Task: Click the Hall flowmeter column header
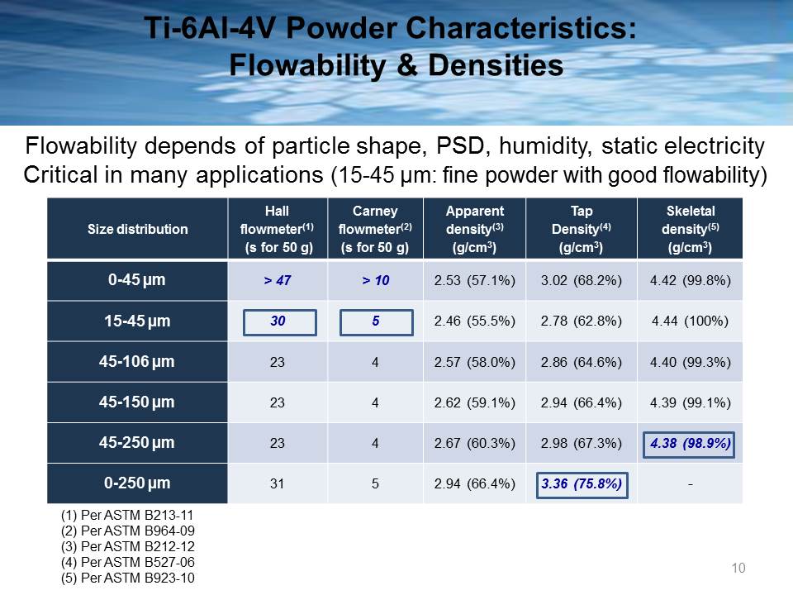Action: point(278,229)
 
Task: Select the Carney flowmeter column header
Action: point(375,229)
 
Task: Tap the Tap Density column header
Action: point(581,229)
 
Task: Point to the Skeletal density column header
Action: point(691,229)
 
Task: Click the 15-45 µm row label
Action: point(137,321)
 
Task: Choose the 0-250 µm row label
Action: point(137,483)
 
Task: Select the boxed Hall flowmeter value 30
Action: point(280,322)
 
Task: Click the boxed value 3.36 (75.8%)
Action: point(582,485)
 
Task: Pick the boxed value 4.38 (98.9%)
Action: point(689,445)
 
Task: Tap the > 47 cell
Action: point(278,280)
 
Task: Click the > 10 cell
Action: point(375,280)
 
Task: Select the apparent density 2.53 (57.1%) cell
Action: point(474,280)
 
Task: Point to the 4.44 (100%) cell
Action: point(691,321)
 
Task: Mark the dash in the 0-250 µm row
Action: point(691,484)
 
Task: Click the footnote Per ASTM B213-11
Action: point(127,515)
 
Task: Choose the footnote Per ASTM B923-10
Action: point(127,578)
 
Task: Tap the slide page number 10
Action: point(738,569)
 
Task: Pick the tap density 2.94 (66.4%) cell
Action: point(581,402)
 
